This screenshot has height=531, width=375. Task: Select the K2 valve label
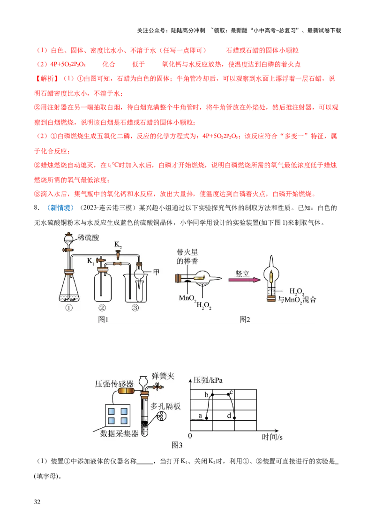click(119, 244)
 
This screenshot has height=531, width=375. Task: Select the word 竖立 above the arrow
click(243, 273)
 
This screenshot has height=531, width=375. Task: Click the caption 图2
click(245, 319)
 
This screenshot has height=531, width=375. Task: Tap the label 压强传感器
click(113, 384)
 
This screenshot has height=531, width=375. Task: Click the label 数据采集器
click(120, 434)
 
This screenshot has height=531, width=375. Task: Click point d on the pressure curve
click(234, 417)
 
